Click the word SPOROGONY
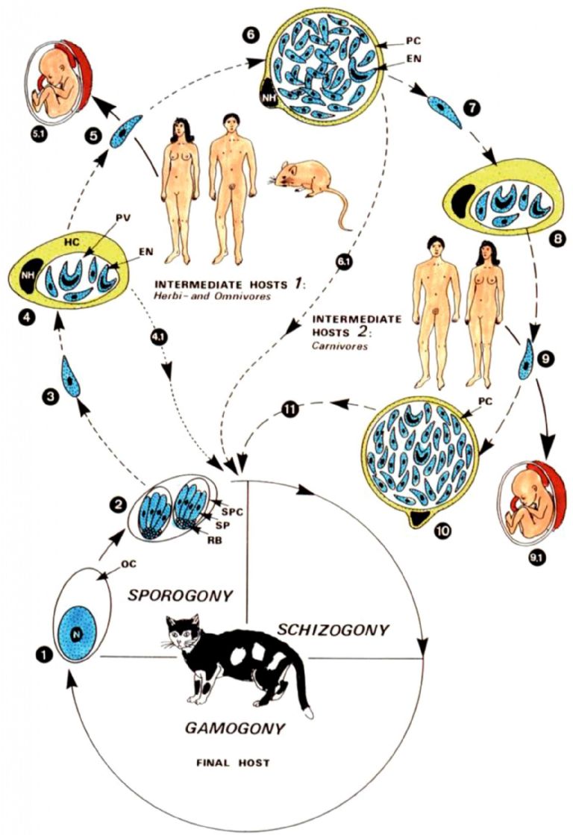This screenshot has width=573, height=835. pyautogui.click(x=180, y=595)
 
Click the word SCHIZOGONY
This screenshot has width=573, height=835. pyautogui.click(x=333, y=630)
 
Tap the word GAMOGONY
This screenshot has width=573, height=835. pyautogui.click(x=234, y=728)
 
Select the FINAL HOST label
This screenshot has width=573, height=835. pyautogui.click(x=233, y=763)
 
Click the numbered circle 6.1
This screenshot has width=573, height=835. pyautogui.click(x=342, y=263)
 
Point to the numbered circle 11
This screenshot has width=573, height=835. pyautogui.click(x=290, y=410)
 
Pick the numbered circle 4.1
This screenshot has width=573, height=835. pyautogui.click(x=160, y=337)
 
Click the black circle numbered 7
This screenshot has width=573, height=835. pyautogui.click(x=472, y=108)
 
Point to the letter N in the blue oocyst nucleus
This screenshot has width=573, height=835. pyautogui.click(x=77, y=634)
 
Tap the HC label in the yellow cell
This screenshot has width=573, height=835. pyautogui.click(x=72, y=243)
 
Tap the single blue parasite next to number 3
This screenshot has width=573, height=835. pyautogui.click(x=71, y=378)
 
